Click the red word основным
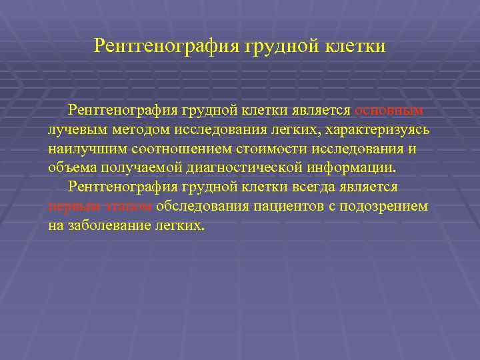tap(389, 109)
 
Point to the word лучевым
tap(74, 129)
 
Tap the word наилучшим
tap(82, 148)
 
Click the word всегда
tap(317, 187)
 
